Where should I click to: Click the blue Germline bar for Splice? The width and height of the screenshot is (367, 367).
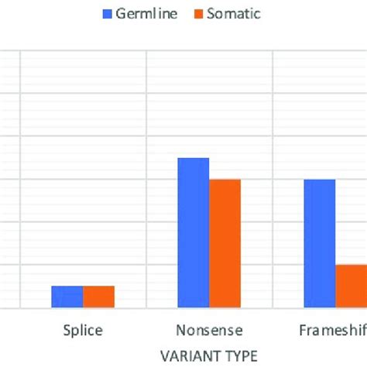pyautogui.click(x=67, y=297)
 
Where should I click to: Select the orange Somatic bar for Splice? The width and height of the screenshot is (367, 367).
pyautogui.click(x=98, y=297)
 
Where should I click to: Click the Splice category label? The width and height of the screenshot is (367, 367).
pyautogui.click(x=82, y=331)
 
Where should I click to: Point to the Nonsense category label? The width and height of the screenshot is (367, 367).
pyautogui.click(x=209, y=331)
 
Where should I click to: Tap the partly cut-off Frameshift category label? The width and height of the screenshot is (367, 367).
pyautogui.click(x=333, y=331)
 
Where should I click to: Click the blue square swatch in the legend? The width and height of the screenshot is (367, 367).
pyautogui.click(x=108, y=14)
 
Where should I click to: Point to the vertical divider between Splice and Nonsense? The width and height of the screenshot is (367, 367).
pyautogui.click(x=146, y=178)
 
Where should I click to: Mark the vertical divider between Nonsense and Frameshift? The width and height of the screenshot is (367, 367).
pyautogui.click(x=272, y=178)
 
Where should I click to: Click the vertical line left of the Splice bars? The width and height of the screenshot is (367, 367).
pyautogui.click(x=19, y=178)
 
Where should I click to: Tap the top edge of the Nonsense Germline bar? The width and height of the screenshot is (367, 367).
pyautogui.click(x=194, y=159)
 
